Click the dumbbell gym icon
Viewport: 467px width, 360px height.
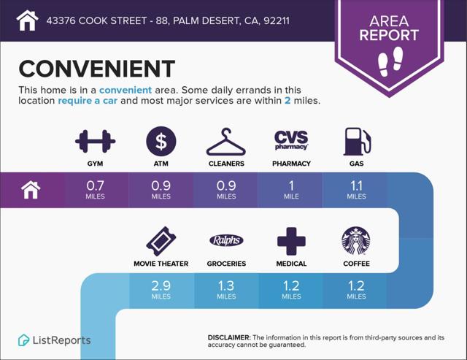click(x=95, y=141)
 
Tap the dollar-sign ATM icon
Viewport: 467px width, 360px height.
click(x=161, y=141)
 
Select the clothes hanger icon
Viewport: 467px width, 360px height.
click(x=226, y=142)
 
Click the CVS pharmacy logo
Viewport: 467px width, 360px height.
click(x=291, y=139)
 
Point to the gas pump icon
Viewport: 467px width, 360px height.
click(x=357, y=142)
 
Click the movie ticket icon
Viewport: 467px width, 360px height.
click(x=161, y=241)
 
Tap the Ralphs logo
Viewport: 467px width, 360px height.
click(x=226, y=240)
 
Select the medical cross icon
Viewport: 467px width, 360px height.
click(x=291, y=242)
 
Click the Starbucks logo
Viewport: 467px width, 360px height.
click(x=356, y=241)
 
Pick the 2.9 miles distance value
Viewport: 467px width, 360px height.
click(x=161, y=290)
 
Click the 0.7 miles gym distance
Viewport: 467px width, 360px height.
click(x=96, y=190)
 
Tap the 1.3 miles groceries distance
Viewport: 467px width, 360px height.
click(x=226, y=290)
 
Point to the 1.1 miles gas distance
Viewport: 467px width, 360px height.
click(x=357, y=190)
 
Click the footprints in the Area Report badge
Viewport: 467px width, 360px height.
click(x=390, y=61)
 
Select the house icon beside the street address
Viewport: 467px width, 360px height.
click(x=28, y=20)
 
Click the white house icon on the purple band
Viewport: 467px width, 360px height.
click(x=31, y=190)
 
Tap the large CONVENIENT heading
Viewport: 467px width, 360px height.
click(x=97, y=69)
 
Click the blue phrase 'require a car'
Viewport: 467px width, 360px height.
click(x=88, y=101)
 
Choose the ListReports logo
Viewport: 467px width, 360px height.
click(x=54, y=340)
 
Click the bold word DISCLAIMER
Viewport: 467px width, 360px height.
click(x=228, y=337)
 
